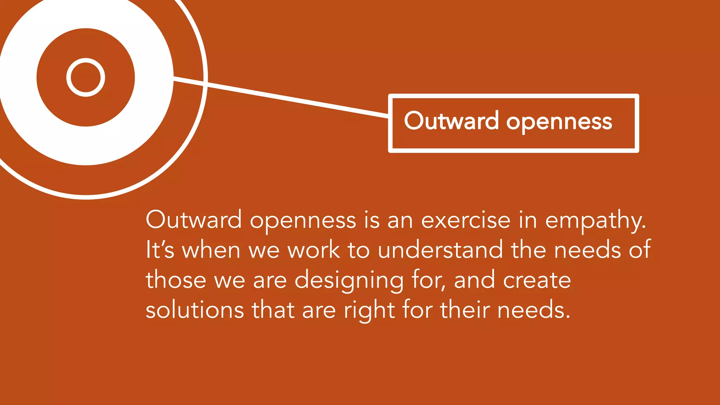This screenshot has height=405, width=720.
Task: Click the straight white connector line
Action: [281, 97]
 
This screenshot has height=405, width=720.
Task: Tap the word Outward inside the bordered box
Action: [451, 121]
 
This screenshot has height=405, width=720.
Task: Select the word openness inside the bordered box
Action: [559, 122]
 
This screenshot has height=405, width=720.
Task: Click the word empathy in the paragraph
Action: [595, 221]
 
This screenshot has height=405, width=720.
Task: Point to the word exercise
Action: [465, 220]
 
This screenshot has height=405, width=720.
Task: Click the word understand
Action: [440, 250]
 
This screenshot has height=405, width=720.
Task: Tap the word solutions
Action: [195, 310]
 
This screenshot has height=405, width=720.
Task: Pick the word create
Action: [537, 280]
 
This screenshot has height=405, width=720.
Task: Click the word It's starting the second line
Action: [160, 250]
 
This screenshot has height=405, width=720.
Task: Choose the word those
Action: [176, 280]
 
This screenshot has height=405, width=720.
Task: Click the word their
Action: [465, 310]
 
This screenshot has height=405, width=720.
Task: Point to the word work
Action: [314, 250]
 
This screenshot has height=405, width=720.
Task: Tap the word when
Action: [211, 250]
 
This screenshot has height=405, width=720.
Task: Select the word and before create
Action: [474, 280]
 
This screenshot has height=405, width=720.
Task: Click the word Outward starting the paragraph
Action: [194, 220]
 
